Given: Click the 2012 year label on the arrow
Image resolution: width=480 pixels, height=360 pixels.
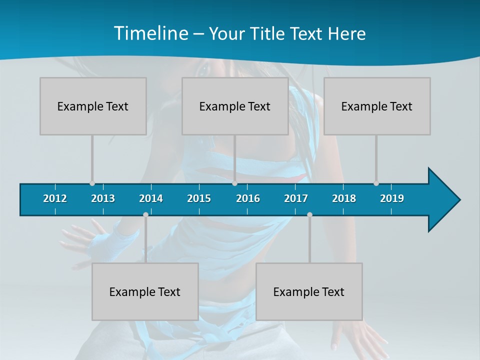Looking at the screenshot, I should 55,198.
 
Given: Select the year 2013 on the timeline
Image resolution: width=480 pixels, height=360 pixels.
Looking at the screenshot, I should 103,198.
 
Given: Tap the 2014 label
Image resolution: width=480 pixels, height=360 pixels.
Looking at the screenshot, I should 151,198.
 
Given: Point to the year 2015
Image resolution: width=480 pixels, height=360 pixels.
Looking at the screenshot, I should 199,198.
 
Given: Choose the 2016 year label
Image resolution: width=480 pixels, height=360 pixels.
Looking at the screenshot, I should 248,198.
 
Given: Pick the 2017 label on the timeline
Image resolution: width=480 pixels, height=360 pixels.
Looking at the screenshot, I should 296,198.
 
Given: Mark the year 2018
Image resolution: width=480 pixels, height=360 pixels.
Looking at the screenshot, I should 344,198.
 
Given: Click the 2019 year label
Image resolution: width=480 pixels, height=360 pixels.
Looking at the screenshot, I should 392,198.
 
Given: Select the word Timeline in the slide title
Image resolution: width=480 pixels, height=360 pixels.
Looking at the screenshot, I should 150,33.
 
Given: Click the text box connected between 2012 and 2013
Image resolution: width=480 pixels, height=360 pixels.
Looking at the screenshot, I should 93,106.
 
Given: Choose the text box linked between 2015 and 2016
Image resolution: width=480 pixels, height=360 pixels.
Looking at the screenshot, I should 235,106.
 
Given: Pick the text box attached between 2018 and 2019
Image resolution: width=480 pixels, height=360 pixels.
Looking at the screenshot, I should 377,106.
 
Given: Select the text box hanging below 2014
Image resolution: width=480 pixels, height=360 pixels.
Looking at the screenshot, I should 145,291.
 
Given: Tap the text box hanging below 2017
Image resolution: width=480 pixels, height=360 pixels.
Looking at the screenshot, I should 309,291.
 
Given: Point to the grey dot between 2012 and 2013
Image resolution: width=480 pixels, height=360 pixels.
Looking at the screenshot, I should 92,183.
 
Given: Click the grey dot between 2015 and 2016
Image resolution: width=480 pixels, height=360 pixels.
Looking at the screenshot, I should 234,183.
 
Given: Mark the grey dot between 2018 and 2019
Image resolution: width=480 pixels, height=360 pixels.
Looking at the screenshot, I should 376,183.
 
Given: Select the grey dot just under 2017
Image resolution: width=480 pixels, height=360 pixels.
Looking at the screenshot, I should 309,214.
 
